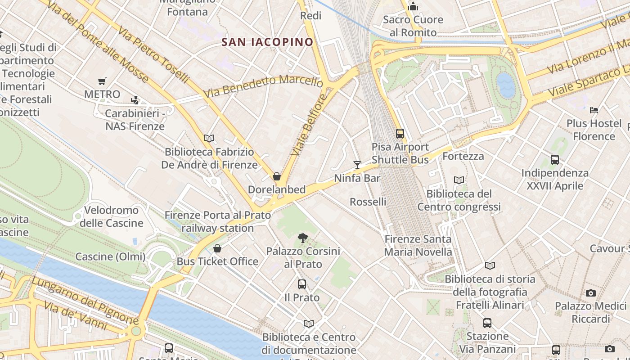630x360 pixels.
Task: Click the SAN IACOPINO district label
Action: click(267, 42)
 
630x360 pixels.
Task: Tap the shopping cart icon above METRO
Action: click(102, 81)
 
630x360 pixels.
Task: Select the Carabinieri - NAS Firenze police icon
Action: click(135, 100)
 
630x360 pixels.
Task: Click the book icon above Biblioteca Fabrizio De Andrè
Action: click(209, 138)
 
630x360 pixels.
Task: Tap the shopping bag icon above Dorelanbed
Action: click(277, 176)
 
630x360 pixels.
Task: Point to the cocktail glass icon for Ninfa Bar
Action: click(357, 165)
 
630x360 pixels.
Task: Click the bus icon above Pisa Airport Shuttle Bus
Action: click(400, 134)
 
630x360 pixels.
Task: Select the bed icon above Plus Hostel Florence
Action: click(594, 110)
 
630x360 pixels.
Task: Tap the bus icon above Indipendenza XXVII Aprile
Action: click(555, 160)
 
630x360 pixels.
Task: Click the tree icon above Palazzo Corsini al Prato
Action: click(303, 238)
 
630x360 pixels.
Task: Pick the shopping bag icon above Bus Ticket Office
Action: click(217, 248)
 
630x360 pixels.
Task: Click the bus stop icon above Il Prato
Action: click(302, 284)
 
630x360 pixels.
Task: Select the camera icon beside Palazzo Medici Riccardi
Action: click(591, 293)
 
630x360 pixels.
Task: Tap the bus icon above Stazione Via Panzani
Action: click(487, 323)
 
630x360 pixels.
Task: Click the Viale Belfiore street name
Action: click(308, 125)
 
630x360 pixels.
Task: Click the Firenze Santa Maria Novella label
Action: click(418, 246)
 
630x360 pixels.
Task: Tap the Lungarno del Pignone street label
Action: click(84, 301)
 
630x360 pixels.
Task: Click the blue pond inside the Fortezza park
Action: click(506, 85)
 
